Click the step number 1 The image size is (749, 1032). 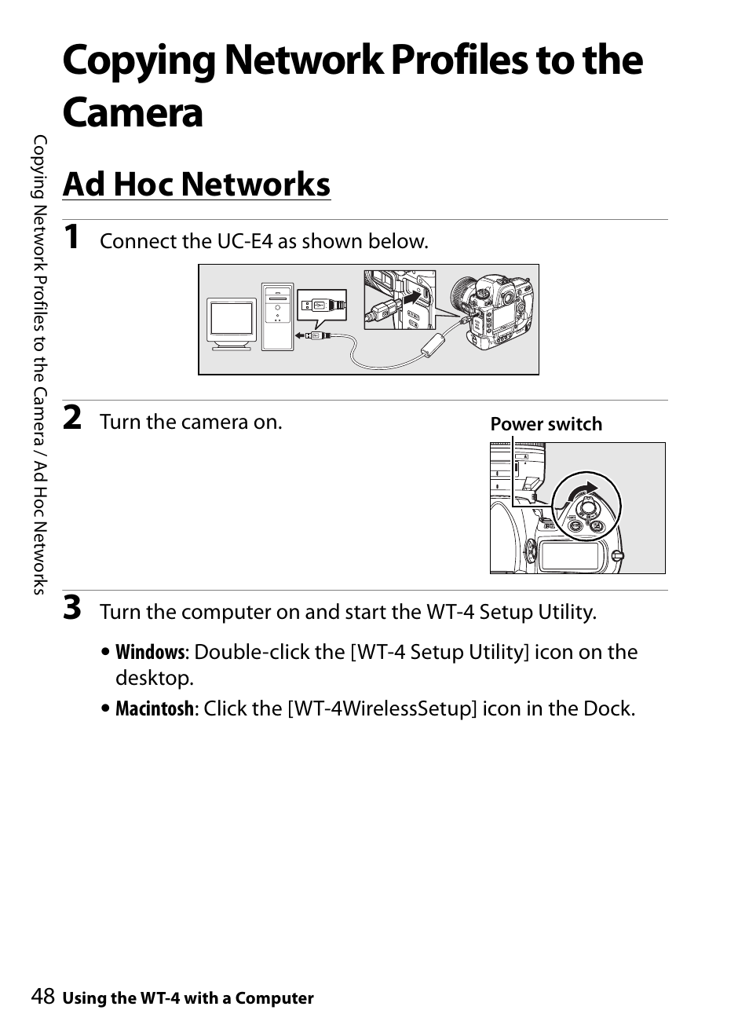(71, 237)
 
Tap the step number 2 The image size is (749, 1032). (72, 418)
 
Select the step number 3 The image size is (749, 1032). (72, 608)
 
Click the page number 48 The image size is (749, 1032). (43, 996)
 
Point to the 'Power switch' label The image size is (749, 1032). (546, 424)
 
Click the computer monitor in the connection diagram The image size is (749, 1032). (232, 324)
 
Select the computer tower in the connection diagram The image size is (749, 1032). (277, 317)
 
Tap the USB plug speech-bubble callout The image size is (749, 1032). (322, 307)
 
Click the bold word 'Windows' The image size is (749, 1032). (150, 652)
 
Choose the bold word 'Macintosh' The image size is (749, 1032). (155, 708)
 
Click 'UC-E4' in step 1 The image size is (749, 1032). (245, 241)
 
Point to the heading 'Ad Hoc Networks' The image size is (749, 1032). (197, 185)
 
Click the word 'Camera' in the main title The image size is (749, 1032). (133, 113)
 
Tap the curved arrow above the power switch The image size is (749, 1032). (583, 490)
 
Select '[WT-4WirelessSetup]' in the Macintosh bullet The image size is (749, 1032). (382, 709)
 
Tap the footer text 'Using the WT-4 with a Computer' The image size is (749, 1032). (188, 998)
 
